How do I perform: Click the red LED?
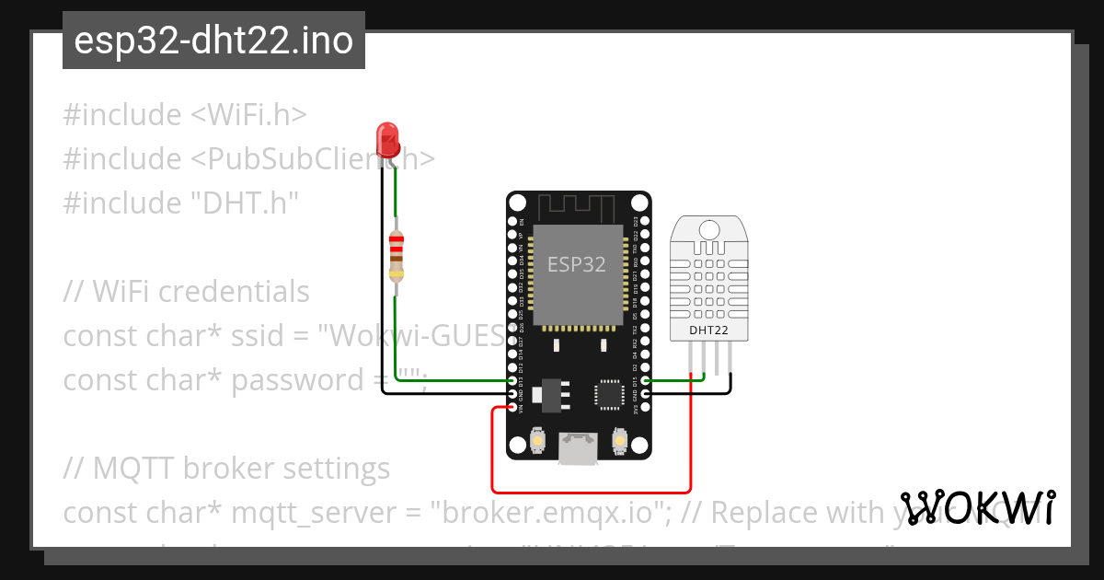387,139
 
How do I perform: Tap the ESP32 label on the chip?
577,264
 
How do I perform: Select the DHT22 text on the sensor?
709,329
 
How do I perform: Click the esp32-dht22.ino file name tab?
213,41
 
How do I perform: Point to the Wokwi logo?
978,507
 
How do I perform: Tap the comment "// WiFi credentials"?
187,291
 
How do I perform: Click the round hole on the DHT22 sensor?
709,227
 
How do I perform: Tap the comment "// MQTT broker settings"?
227,468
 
